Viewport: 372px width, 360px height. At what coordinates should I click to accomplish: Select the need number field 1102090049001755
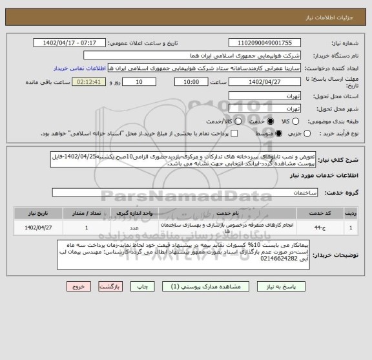(x=263, y=42)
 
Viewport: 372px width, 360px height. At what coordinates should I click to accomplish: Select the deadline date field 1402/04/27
(x=263, y=82)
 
